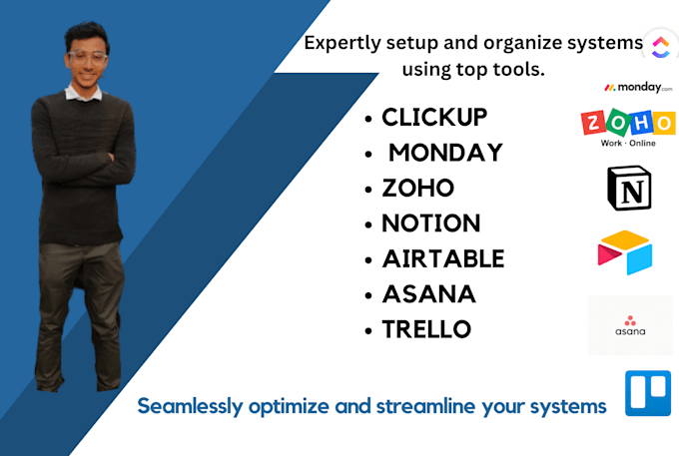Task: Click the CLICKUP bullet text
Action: tap(434, 118)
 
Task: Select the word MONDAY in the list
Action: tap(444, 153)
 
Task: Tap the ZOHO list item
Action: tap(417, 188)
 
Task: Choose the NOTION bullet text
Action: tap(430, 224)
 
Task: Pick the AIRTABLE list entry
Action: tap(442, 259)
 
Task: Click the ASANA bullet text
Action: tap(428, 294)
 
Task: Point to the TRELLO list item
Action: tap(426, 329)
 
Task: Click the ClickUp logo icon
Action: tap(658, 45)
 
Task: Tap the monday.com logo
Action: tap(631, 88)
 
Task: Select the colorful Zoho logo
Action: tap(628, 122)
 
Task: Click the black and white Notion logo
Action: tap(629, 188)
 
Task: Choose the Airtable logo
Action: tap(625, 252)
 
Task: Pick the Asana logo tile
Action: tap(630, 324)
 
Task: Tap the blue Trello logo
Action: tap(648, 393)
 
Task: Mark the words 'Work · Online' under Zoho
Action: tap(627, 143)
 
